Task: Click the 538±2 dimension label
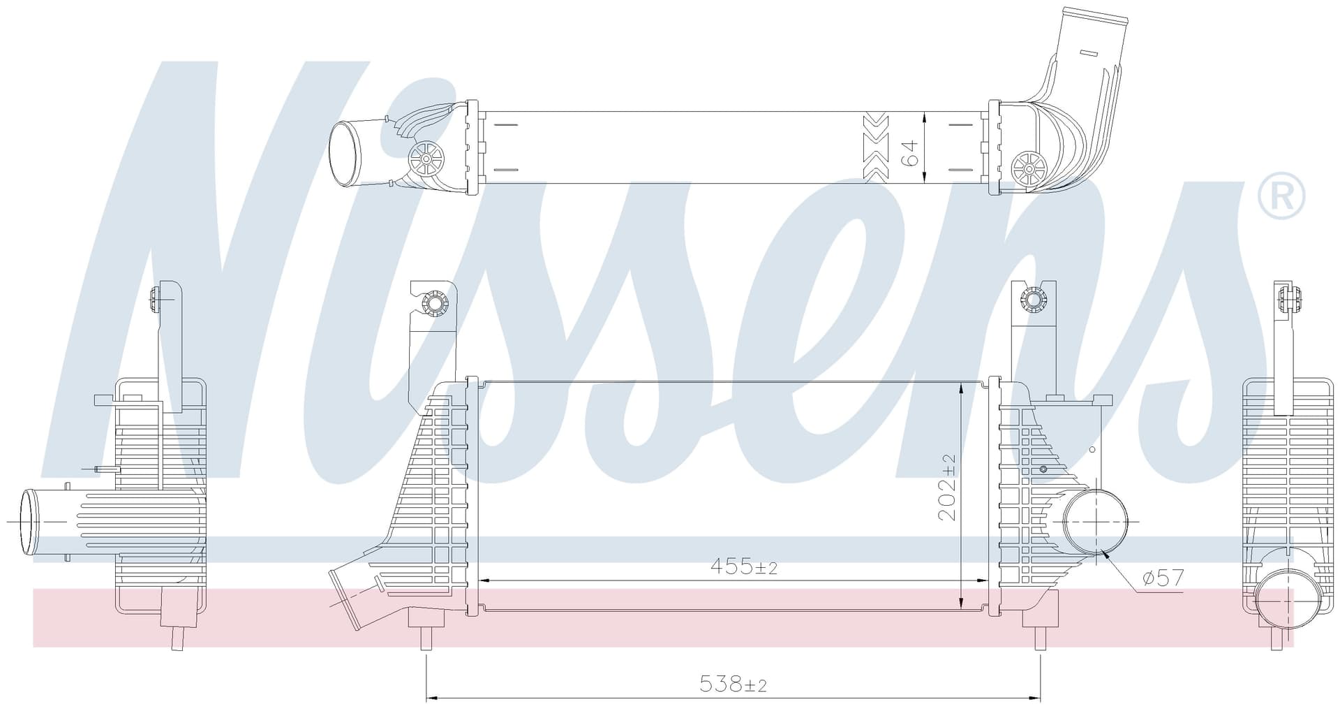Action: point(733,685)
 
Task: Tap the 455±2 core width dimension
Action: point(743,566)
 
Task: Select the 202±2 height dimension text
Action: point(947,487)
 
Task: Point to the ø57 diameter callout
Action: point(1163,578)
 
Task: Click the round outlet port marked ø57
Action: point(1095,521)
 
